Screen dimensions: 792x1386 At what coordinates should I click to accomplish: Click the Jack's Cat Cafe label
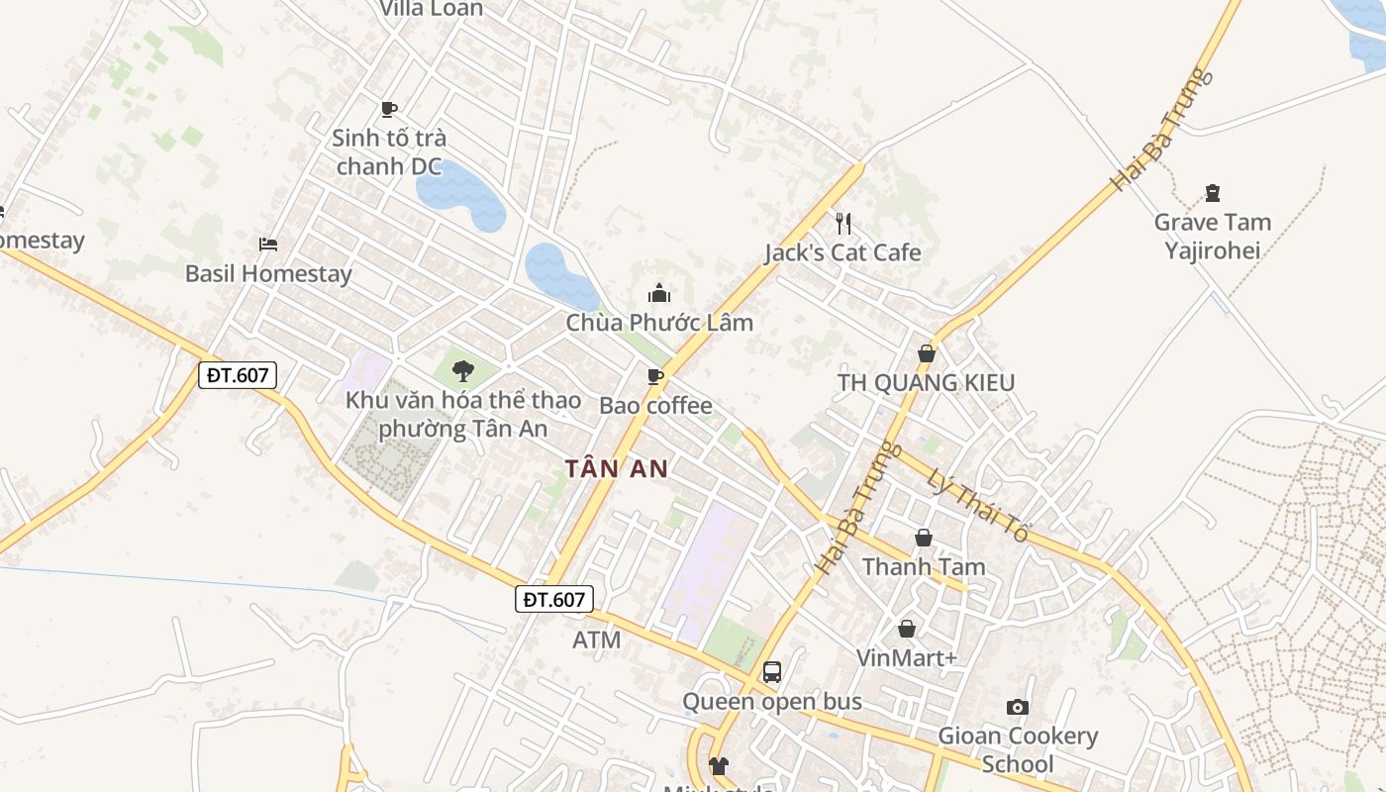click(842, 252)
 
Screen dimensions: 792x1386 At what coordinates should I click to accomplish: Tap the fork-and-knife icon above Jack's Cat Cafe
click(842, 223)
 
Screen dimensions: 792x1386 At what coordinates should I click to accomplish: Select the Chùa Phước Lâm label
click(659, 323)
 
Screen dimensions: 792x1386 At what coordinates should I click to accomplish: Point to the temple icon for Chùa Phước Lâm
click(659, 293)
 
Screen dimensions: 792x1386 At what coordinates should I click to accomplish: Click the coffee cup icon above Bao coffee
click(654, 376)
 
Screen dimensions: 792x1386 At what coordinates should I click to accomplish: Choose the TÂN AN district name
click(617, 468)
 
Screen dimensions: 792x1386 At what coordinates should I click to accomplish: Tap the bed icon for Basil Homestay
click(268, 244)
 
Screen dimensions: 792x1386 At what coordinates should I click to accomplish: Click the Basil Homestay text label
click(268, 273)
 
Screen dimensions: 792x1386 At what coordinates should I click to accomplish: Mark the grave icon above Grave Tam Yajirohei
click(1213, 193)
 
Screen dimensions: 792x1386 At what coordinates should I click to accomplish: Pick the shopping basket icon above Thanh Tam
click(924, 538)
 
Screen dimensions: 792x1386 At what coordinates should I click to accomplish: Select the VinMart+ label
click(907, 658)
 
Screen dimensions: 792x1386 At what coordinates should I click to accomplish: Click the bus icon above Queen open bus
click(772, 672)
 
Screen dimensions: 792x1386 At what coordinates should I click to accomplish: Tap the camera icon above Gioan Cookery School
click(1018, 707)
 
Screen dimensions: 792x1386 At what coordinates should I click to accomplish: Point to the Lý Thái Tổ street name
click(977, 504)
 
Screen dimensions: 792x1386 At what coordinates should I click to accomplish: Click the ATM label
click(597, 641)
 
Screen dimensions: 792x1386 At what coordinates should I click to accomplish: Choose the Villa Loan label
click(432, 9)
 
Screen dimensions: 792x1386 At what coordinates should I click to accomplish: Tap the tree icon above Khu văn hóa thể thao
click(462, 371)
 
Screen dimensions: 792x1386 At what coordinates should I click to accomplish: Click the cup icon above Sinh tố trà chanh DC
click(389, 109)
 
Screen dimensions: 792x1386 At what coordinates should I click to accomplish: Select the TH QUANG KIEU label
click(926, 382)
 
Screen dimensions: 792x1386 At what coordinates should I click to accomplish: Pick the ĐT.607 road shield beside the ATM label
click(554, 599)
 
